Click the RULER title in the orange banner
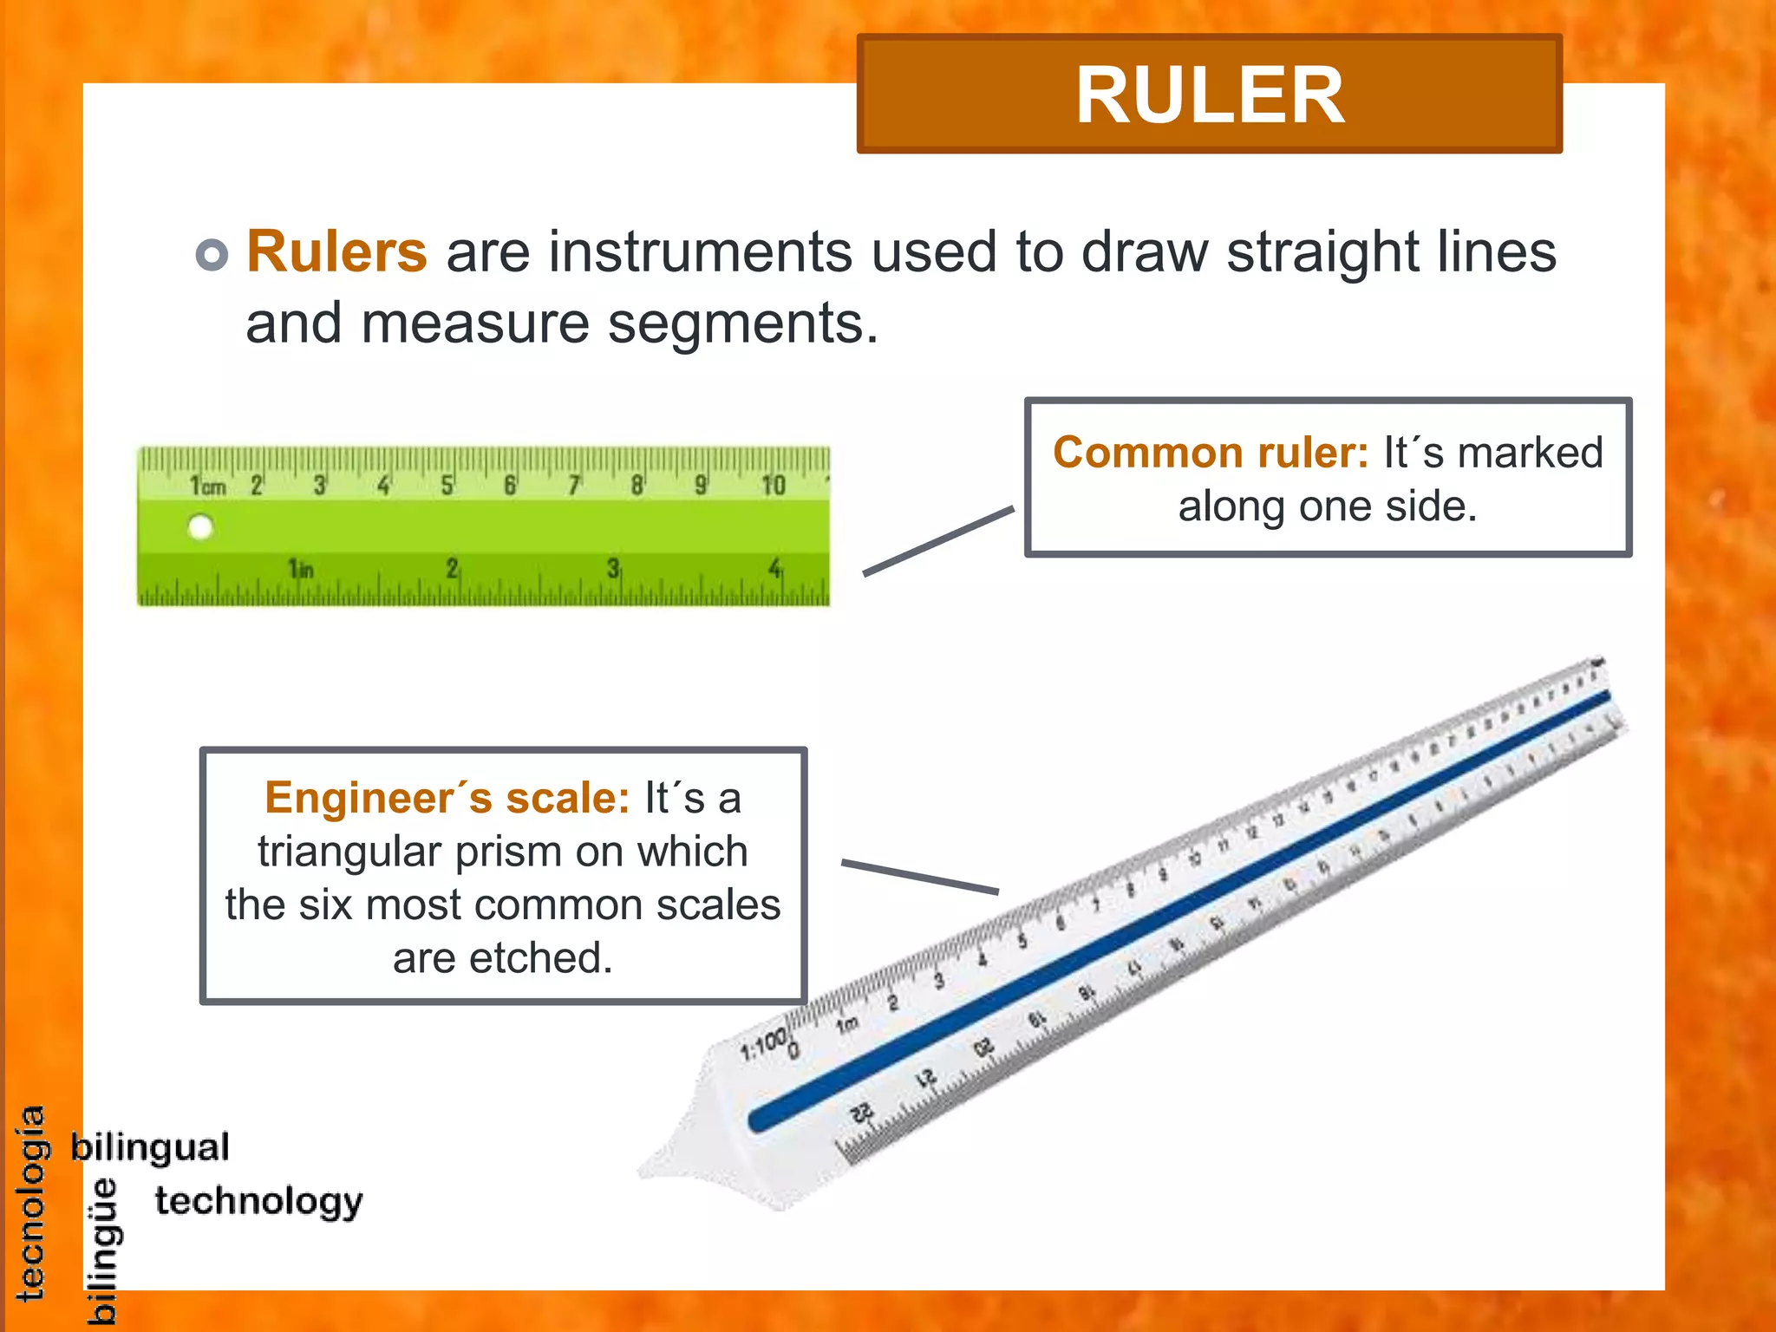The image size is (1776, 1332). pos(1210,95)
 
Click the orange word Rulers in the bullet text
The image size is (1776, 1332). pos(336,251)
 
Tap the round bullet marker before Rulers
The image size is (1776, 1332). pos(212,254)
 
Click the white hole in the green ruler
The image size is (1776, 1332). pos(200,527)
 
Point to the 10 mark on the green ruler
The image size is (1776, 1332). pos(773,485)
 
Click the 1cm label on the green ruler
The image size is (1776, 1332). pos(207,486)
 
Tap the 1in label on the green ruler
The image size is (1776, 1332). pos(300,569)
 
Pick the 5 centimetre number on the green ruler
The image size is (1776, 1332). pos(447,485)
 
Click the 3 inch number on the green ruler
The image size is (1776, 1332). pos(613,569)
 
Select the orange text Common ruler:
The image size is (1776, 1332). pos(1211,453)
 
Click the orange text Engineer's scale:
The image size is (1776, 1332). pos(447,798)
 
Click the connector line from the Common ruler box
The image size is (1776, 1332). pos(938,541)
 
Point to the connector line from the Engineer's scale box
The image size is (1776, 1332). pos(919,876)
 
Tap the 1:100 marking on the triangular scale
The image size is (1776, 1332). pos(763,1045)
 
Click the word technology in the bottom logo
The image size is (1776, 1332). pos(258,1202)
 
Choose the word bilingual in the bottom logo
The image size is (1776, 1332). pos(150,1147)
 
